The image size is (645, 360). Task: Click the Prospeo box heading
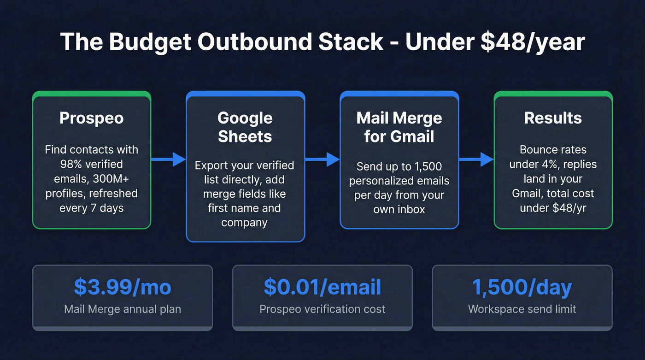click(x=91, y=118)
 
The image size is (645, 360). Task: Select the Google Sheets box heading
click(x=245, y=127)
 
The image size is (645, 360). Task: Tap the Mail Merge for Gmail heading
click(x=399, y=127)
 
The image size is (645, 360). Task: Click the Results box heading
click(x=553, y=118)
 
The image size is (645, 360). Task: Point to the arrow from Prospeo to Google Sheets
click(x=168, y=160)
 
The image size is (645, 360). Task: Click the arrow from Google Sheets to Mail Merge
click(x=322, y=160)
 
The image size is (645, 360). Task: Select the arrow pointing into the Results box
click(x=476, y=160)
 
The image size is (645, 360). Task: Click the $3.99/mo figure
click(x=123, y=287)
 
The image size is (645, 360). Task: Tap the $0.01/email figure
click(x=322, y=287)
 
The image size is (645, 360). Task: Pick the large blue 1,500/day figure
click(x=522, y=287)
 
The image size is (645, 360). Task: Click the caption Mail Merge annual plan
click(x=123, y=309)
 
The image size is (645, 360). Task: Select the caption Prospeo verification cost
click(x=322, y=309)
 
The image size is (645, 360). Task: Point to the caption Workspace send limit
click(x=522, y=309)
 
